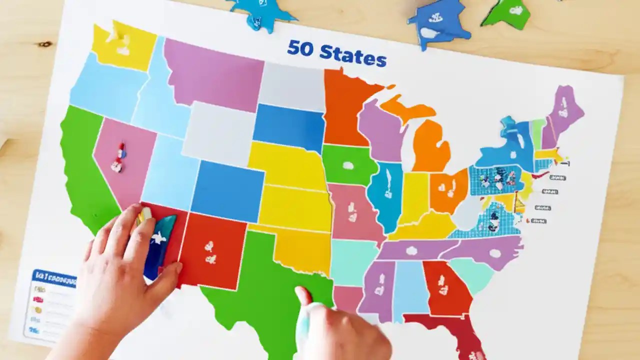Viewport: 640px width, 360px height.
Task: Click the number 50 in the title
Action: (301, 49)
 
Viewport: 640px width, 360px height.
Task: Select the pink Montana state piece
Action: (212, 72)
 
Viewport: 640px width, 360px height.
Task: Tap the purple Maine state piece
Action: (565, 110)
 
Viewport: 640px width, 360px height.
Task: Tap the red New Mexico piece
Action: (212, 250)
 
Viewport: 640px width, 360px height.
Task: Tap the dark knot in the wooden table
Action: (45, 44)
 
